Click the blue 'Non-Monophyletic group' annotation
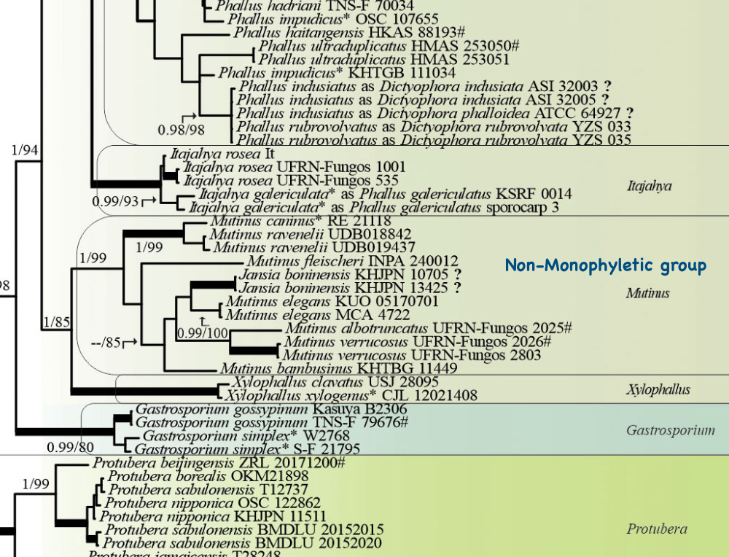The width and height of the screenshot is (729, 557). tap(606, 265)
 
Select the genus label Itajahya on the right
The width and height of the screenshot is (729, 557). tap(650, 186)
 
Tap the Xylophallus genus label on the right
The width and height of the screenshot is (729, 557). tap(658, 390)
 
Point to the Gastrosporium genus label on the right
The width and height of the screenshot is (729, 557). tap(671, 430)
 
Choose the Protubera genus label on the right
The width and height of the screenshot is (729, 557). tap(657, 529)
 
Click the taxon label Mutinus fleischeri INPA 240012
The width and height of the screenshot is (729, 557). tap(352, 261)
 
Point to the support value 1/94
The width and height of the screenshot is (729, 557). tap(26, 150)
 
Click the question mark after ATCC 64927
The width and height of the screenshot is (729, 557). tap(630, 112)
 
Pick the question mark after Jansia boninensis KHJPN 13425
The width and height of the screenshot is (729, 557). tap(457, 288)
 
